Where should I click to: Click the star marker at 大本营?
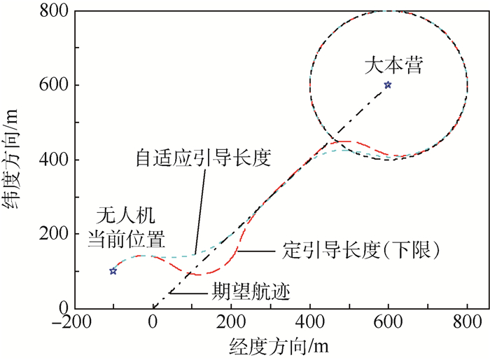point(388,85)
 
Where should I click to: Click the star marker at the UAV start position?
point(113,271)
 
